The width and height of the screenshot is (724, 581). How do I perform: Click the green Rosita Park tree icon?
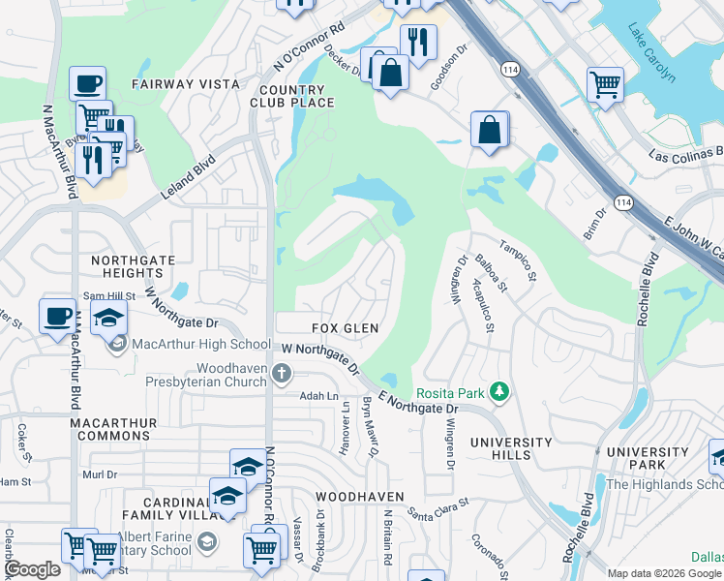point(499,392)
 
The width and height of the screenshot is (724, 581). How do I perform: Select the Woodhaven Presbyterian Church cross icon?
point(281,373)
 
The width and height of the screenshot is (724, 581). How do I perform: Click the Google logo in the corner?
point(32,569)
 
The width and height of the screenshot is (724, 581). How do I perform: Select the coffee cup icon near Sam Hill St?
point(57,316)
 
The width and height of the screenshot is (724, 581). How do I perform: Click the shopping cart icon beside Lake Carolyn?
point(605,84)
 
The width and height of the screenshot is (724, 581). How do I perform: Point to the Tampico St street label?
point(517,260)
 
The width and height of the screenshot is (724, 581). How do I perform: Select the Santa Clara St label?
point(437,506)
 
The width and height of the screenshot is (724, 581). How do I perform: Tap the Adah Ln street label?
point(318,396)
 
